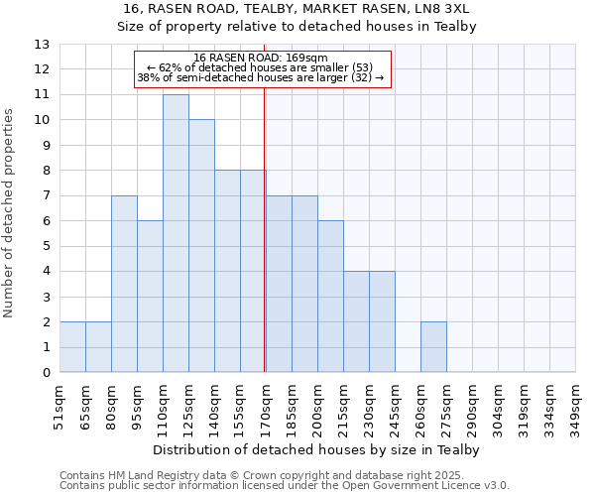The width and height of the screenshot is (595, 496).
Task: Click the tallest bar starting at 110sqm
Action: pyautogui.click(x=176, y=233)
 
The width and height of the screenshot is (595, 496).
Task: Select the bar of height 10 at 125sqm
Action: pyautogui.click(x=201, y=246)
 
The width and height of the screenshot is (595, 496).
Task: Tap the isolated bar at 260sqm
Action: pyautogui.click(x=433, y=347)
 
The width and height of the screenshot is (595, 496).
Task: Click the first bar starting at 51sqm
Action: pyautogui.click(x=72, y=347)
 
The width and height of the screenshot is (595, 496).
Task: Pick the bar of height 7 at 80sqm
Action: pyautogui.click(x=124, y=284)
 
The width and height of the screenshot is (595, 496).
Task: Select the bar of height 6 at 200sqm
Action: pyautogui.click(x=330, y=297)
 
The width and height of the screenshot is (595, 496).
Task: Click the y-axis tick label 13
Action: pyautogui.click(x=41, y=45)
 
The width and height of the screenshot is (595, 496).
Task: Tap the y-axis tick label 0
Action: pyautogui.click(x=46, y=373)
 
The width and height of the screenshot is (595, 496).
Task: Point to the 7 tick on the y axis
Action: pyautogui.click(x=46, y=196)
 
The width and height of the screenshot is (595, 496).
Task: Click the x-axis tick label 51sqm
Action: pyautogui.click(x=59, y=408)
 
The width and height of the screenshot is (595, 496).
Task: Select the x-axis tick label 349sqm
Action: pyautogui.click(x=575, y=408)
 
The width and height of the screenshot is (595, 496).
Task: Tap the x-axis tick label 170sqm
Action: pyautogui.click(x=266, y=408)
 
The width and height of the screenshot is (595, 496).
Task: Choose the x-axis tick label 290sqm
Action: pyautogui.click(x=472, y=408)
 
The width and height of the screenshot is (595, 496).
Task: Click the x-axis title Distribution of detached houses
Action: pyautogui.click(x=317, y=450)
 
